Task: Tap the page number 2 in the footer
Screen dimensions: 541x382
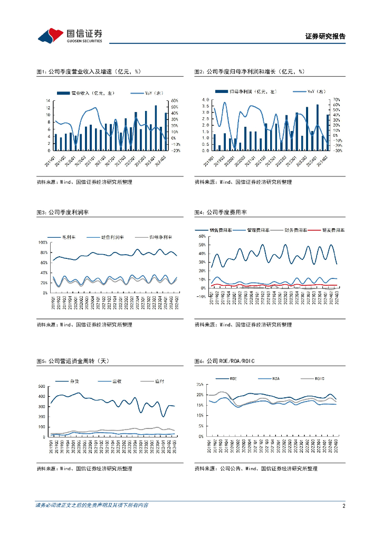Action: (343, 506)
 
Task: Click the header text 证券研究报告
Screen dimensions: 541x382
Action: (326, 37)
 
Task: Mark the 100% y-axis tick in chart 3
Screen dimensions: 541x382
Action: (43, 242)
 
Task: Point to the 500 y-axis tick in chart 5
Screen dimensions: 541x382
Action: (42, 387)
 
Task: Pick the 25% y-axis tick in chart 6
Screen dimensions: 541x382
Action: (199, 384)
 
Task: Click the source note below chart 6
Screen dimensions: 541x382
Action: (256, 469)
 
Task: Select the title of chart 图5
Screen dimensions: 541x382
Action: (72, 361)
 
